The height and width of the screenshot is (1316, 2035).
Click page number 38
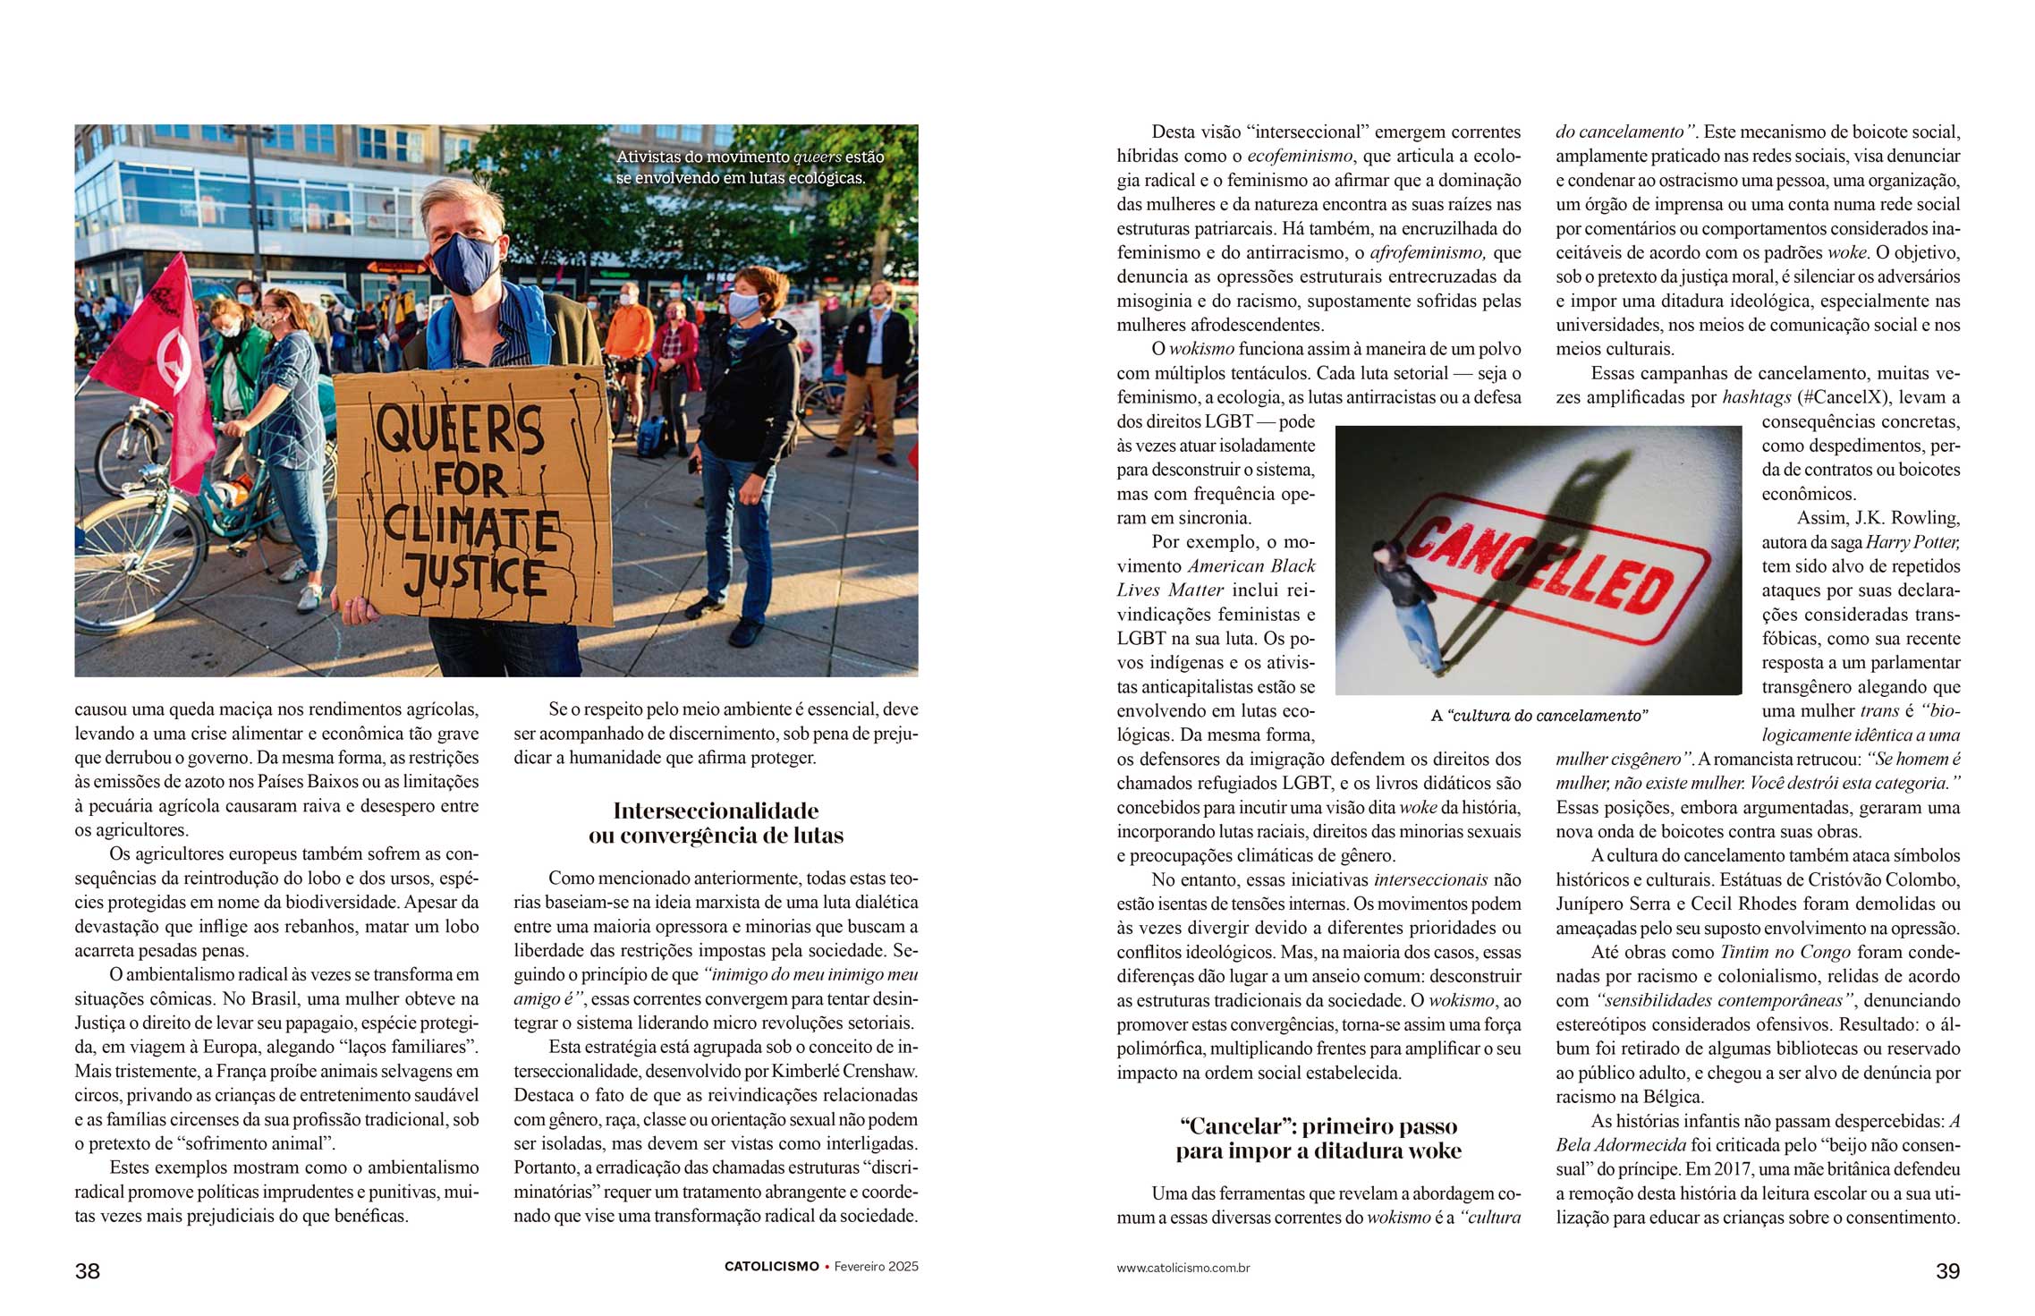[x=88, y=1271]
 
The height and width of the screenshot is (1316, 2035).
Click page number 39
[x=1947, y=1271]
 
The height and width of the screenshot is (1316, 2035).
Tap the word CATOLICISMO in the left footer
[x=772, y=1267]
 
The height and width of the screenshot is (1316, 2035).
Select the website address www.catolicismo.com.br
[x=1183, y=1268]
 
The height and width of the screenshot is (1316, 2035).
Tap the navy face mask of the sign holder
[x=464, y=262]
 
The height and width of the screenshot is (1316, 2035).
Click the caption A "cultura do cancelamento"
[x=1539, y=716]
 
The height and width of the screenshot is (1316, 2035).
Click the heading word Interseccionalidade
[x=716, y=811]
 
